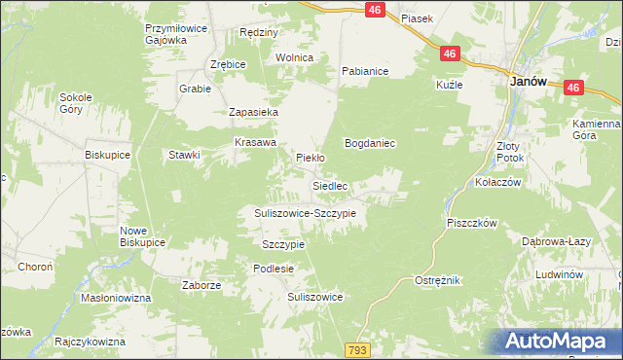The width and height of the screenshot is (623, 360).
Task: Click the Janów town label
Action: click(x=528, y=84)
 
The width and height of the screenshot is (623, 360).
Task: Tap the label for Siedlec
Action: click(x=330, y=185)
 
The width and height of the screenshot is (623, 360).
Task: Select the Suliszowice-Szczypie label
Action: click(x=306, y=212)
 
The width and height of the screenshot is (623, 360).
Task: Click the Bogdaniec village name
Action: click(x=369, y=143)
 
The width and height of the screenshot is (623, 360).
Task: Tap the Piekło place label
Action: click(x=310, y=157)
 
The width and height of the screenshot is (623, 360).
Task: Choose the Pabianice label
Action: click(x=365, y=71)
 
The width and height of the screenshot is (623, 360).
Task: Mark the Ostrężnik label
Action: click(x=437, y=280)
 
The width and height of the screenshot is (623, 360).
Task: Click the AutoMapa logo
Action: click(x=557, y=342)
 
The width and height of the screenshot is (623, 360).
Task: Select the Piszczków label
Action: click(x=472, y=223)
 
